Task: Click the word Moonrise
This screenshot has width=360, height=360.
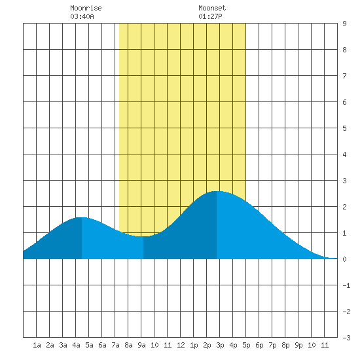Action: pos(86,8)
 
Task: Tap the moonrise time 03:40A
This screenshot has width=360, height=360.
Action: pos(82,16)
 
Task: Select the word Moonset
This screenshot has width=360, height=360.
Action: pos(212,8)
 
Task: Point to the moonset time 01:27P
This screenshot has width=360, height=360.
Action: pos(210,16)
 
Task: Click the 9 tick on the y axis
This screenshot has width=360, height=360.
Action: pos(344,24)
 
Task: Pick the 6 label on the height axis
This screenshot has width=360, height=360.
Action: pos(344,102)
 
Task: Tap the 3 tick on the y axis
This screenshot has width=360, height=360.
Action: pos(344,181)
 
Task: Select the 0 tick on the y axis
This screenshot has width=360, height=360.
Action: pos(344,259)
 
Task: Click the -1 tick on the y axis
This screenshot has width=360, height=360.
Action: pos(346,285)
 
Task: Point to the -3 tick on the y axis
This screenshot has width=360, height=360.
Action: pos(346,338)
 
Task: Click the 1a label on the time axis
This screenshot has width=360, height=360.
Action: pos(37,345)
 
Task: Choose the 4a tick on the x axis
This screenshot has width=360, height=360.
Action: pos(76,345)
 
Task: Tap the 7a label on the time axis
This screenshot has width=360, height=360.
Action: pos(115,345)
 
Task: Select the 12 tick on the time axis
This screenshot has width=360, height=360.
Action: pos(181,345)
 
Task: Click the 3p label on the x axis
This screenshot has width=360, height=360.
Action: pos(220,345)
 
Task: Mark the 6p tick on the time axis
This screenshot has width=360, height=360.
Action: pos(259,345)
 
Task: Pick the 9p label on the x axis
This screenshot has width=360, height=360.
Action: pos(298,345)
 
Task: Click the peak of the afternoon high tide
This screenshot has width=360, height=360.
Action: pos(217,191)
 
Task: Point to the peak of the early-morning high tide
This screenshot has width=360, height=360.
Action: pos(82,217)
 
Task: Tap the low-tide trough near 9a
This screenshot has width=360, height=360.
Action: pos(143,236)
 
